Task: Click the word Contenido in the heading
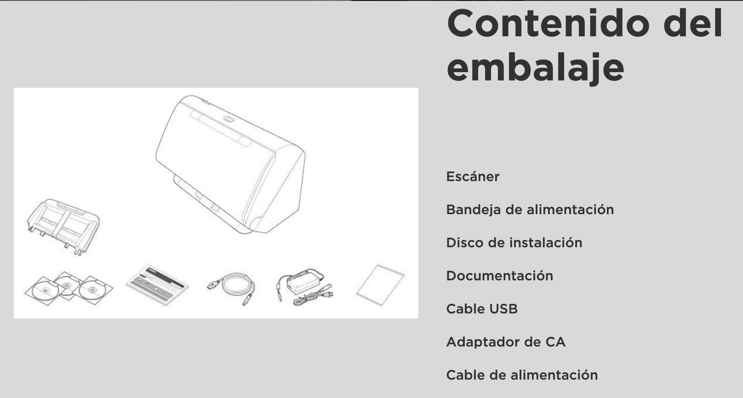click(x=548, y=23)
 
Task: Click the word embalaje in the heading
click(x=535, y=68)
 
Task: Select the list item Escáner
click(x=473, y=176)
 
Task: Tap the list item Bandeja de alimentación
click(x=530, y=210)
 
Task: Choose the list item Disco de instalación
click(x=514, y=243)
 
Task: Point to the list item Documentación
click(x=499, y=276)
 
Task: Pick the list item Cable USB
click(x=482, y=309)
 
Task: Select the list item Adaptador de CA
click(x=506, y=342)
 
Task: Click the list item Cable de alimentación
click(x=522, y=375)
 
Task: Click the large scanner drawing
click(x=230, y=164)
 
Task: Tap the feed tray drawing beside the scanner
click(x=63, y=227)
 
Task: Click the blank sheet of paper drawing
click(x=380, y=285)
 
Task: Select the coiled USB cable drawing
click(x=231, y=288)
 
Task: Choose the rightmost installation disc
click(x=93, y=290)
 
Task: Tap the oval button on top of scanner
click(x=229, y=119)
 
